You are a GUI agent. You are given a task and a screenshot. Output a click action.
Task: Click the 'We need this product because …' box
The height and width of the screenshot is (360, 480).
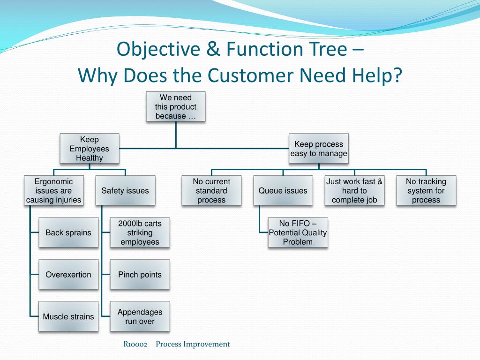[176, 107]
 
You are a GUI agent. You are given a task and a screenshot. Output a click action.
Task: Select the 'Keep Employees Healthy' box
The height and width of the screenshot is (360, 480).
[89, 149]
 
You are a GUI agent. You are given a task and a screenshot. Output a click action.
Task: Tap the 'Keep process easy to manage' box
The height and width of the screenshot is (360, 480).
[319, 149]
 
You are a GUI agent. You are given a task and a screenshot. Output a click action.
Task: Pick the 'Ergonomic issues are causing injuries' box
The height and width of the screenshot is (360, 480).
[53, 191]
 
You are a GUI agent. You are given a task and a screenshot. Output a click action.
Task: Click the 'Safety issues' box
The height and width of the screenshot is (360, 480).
[125, 191]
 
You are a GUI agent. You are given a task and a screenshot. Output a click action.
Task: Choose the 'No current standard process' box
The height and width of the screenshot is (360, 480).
[211, 191]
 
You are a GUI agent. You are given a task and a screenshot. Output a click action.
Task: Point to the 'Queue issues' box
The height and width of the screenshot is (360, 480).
[283, 191]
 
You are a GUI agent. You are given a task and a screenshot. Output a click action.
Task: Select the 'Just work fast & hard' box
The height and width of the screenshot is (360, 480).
[354, 191]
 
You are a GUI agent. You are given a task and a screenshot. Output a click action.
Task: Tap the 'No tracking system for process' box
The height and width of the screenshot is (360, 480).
[426, 191]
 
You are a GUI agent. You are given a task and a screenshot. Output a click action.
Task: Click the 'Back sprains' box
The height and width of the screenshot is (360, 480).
[68, 232]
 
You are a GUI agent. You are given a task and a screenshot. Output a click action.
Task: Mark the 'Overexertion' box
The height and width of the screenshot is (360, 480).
[68, 275]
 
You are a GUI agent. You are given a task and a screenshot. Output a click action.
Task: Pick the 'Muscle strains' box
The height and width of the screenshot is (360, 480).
[68, 317]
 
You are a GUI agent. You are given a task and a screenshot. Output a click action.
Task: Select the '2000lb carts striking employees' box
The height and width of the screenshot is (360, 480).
[140, 232]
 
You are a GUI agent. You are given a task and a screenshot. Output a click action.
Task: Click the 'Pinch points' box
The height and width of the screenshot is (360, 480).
[140, 275]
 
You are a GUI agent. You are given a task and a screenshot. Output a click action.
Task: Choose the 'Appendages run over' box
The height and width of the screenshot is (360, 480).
[140, 317]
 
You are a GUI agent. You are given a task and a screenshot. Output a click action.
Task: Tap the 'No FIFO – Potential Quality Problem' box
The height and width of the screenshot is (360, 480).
[298, 232]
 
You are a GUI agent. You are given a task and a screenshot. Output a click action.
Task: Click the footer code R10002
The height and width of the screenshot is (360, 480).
[135, 345]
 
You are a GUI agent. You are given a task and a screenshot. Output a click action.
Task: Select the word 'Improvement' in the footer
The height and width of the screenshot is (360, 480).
[206, 345]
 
